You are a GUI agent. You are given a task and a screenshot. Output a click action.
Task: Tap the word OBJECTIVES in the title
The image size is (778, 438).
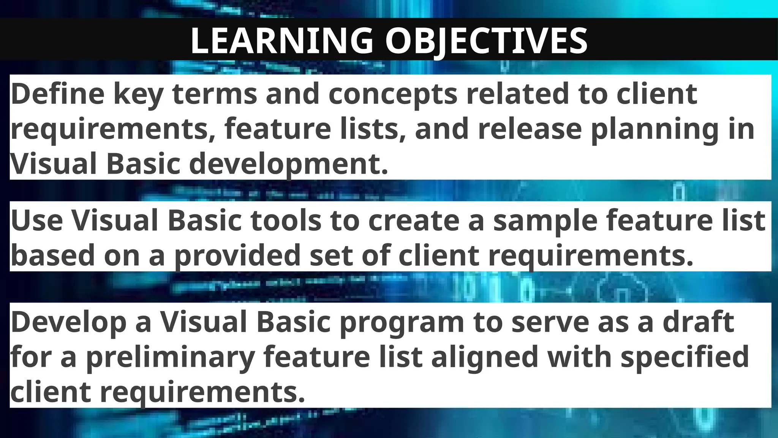(487, 41)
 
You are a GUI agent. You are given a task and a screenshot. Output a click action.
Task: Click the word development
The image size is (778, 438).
(288, 164)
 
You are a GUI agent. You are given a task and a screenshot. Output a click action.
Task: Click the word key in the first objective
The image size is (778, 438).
(138, 94)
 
